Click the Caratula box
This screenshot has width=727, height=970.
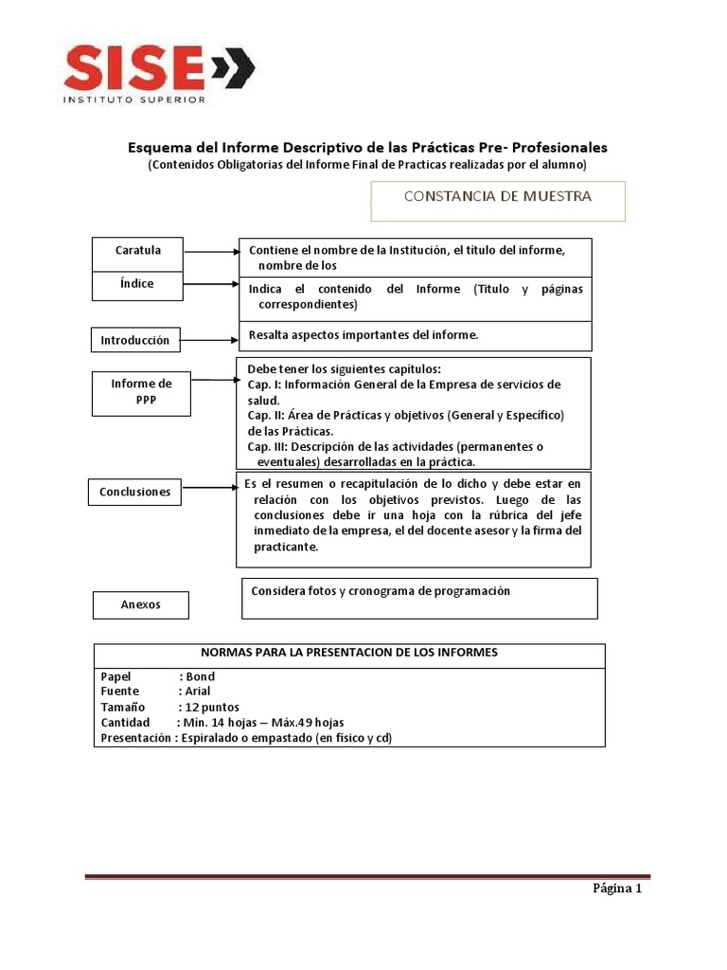click(x=138, y=252)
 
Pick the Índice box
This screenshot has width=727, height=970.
click(x=138, y=284)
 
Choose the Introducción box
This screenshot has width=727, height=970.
click(x=135, y=340)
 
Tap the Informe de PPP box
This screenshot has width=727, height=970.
click(x=141, y=392)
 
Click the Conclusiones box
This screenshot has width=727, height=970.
click(x=135, y=492)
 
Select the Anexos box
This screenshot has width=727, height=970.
click(x=141, y=604)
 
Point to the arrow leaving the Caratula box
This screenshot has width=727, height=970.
click(x=212, y=253)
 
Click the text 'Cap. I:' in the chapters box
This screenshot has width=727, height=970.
click(x=264, y=385)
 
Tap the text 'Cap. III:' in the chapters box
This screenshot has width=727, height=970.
click(x=269, y=446)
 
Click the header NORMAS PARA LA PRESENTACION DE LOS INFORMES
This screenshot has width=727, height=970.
click(x=349, y=653)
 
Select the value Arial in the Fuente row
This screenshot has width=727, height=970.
click(x=198, y=692)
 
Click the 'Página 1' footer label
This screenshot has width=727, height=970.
click(x=617, y=889)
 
